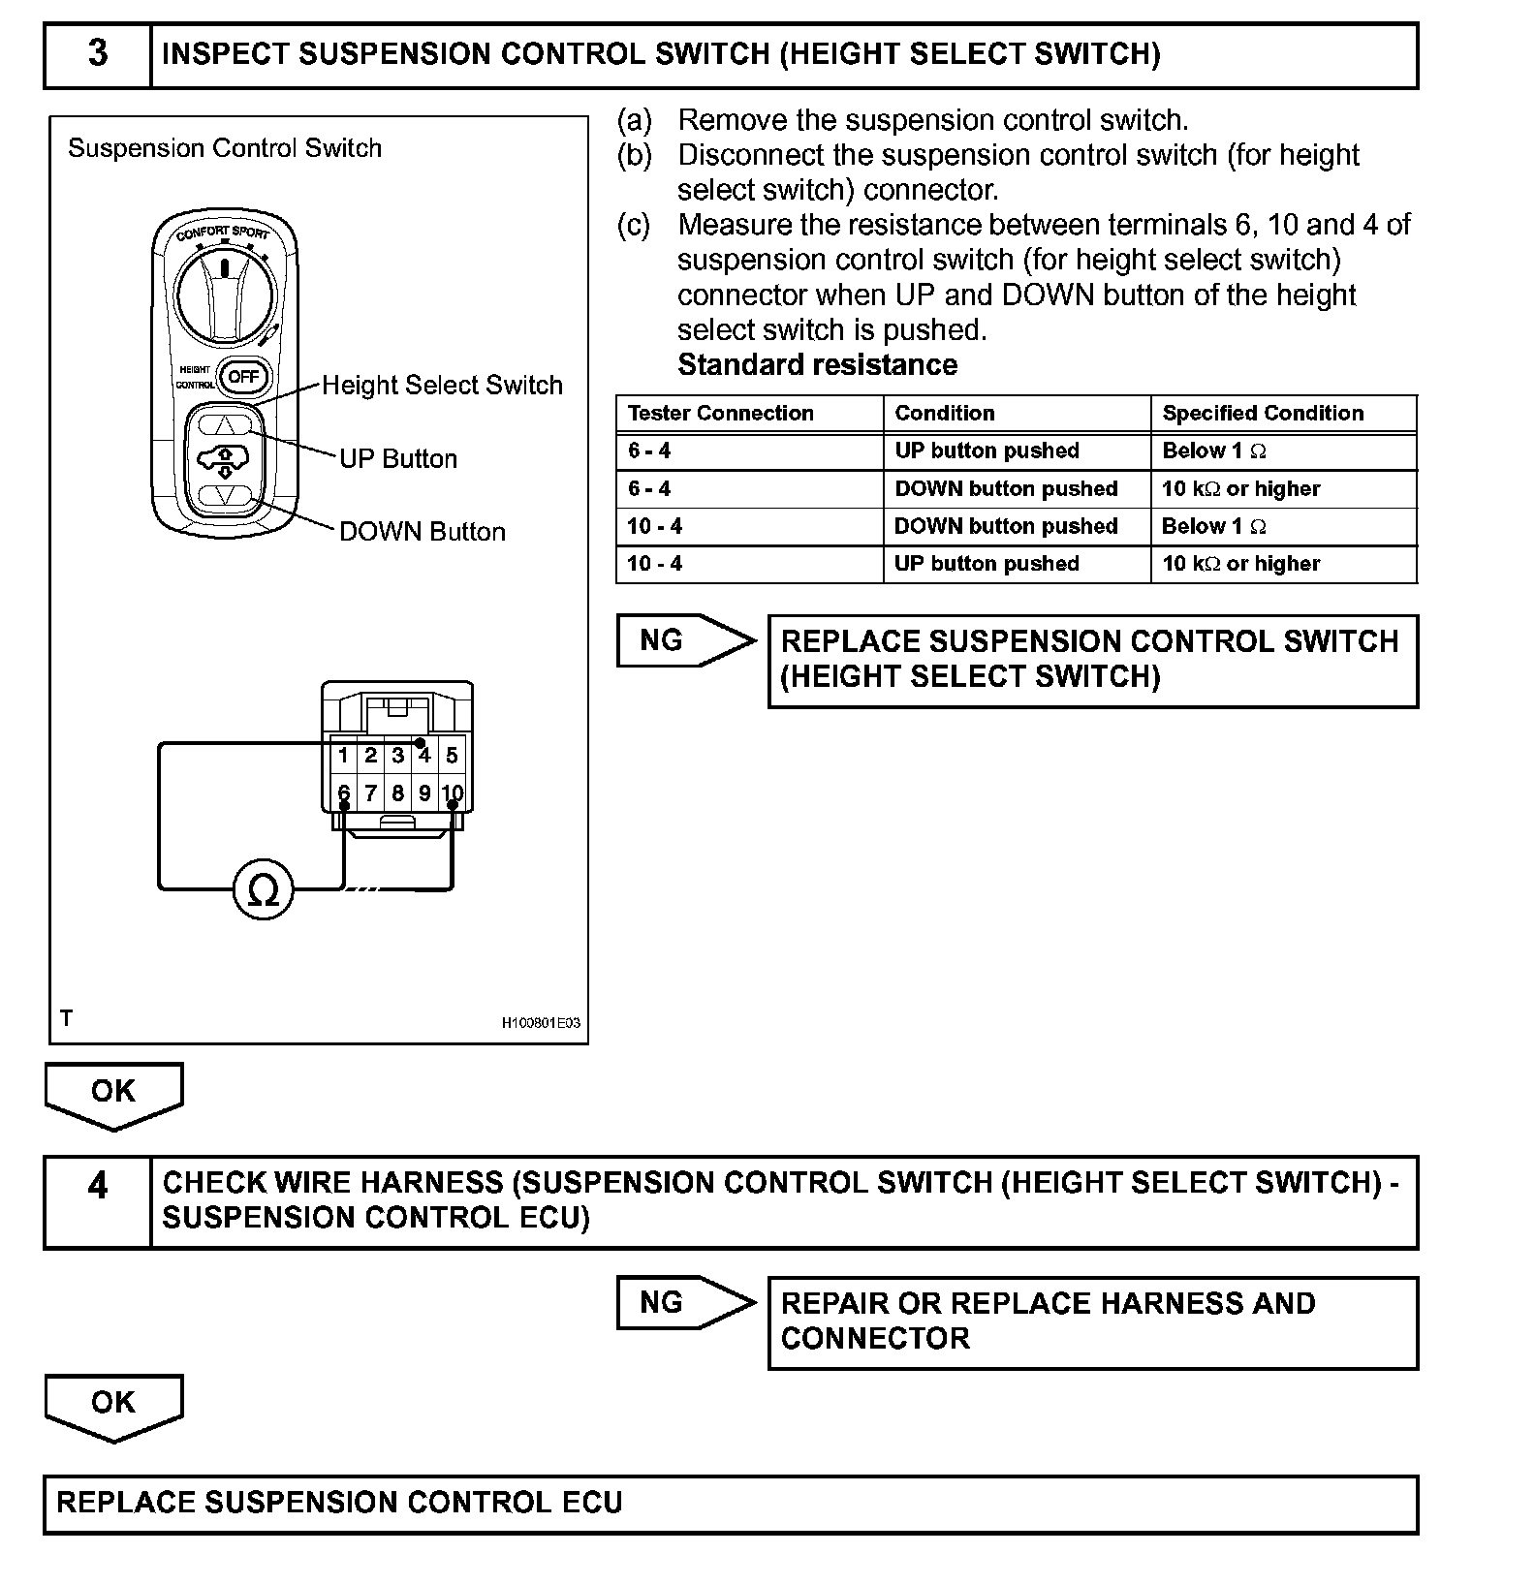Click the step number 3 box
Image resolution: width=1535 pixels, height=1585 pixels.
point(98,54)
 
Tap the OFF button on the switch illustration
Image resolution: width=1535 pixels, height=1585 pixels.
point(243,376)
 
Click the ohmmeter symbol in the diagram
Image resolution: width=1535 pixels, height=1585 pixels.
point(264,889)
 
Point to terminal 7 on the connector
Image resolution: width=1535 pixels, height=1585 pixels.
point(370,793)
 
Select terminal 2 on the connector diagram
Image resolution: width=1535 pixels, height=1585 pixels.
point(370,756)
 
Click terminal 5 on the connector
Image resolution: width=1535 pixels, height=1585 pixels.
point(452,756)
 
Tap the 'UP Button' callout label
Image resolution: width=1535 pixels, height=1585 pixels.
point(398,458)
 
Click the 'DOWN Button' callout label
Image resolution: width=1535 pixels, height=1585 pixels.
point(422,531)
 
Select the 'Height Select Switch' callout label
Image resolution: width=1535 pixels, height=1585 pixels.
point(442,385)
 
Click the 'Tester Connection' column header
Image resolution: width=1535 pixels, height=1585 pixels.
point(720,413)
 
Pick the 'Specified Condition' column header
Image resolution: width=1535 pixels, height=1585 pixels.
point(1262,413)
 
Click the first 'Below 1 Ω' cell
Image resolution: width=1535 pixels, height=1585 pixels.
point(1213,451)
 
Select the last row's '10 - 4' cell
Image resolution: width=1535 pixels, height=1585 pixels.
point(655,563)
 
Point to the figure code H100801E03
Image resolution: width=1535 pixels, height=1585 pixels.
point(541,1022)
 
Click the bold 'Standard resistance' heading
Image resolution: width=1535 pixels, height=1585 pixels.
point(817,364)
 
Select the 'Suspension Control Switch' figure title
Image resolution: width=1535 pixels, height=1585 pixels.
point(225,148)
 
